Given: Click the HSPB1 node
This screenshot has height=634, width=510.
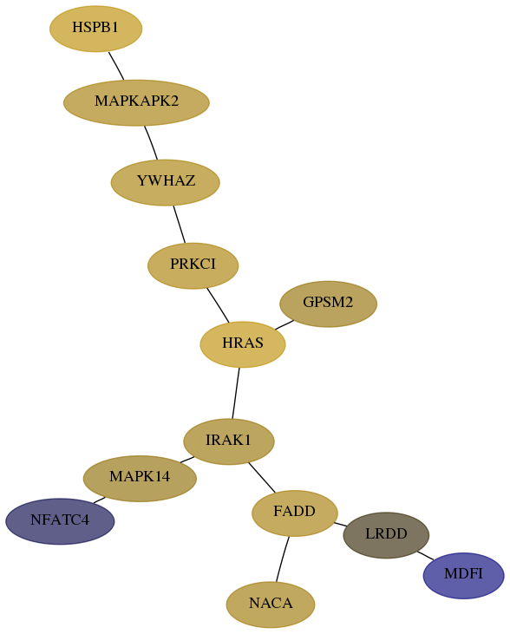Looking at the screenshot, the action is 96,29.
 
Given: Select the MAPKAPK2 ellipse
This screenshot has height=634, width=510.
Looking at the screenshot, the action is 136,102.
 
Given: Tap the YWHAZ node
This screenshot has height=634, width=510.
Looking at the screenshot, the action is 166,182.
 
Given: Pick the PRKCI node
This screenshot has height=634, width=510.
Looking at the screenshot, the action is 193,265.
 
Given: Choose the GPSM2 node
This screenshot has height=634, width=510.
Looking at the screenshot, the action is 329,304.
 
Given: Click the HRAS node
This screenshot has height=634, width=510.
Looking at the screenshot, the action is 243,344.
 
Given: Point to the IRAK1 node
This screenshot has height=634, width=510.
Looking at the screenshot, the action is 229,441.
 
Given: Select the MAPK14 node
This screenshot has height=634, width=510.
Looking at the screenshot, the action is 140,479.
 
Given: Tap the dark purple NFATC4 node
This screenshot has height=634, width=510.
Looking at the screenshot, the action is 60,521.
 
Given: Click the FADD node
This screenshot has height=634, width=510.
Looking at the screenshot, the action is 295,513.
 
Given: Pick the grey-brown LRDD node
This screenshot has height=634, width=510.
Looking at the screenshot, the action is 386,535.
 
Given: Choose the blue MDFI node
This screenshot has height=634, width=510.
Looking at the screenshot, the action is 464,576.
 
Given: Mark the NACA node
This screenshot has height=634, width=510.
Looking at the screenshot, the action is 271,605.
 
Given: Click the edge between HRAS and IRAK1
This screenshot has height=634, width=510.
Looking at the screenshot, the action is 236,393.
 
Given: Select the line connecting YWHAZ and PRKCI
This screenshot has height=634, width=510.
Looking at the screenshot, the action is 180,225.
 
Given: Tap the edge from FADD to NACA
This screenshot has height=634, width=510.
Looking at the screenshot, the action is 283,559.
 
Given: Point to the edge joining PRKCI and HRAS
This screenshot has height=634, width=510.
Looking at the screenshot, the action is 218,305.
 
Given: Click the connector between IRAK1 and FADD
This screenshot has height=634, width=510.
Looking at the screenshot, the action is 262,478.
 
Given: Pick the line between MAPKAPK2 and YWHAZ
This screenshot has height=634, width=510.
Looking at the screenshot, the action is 151,143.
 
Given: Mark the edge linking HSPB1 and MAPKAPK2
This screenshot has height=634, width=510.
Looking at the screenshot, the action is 116,66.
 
